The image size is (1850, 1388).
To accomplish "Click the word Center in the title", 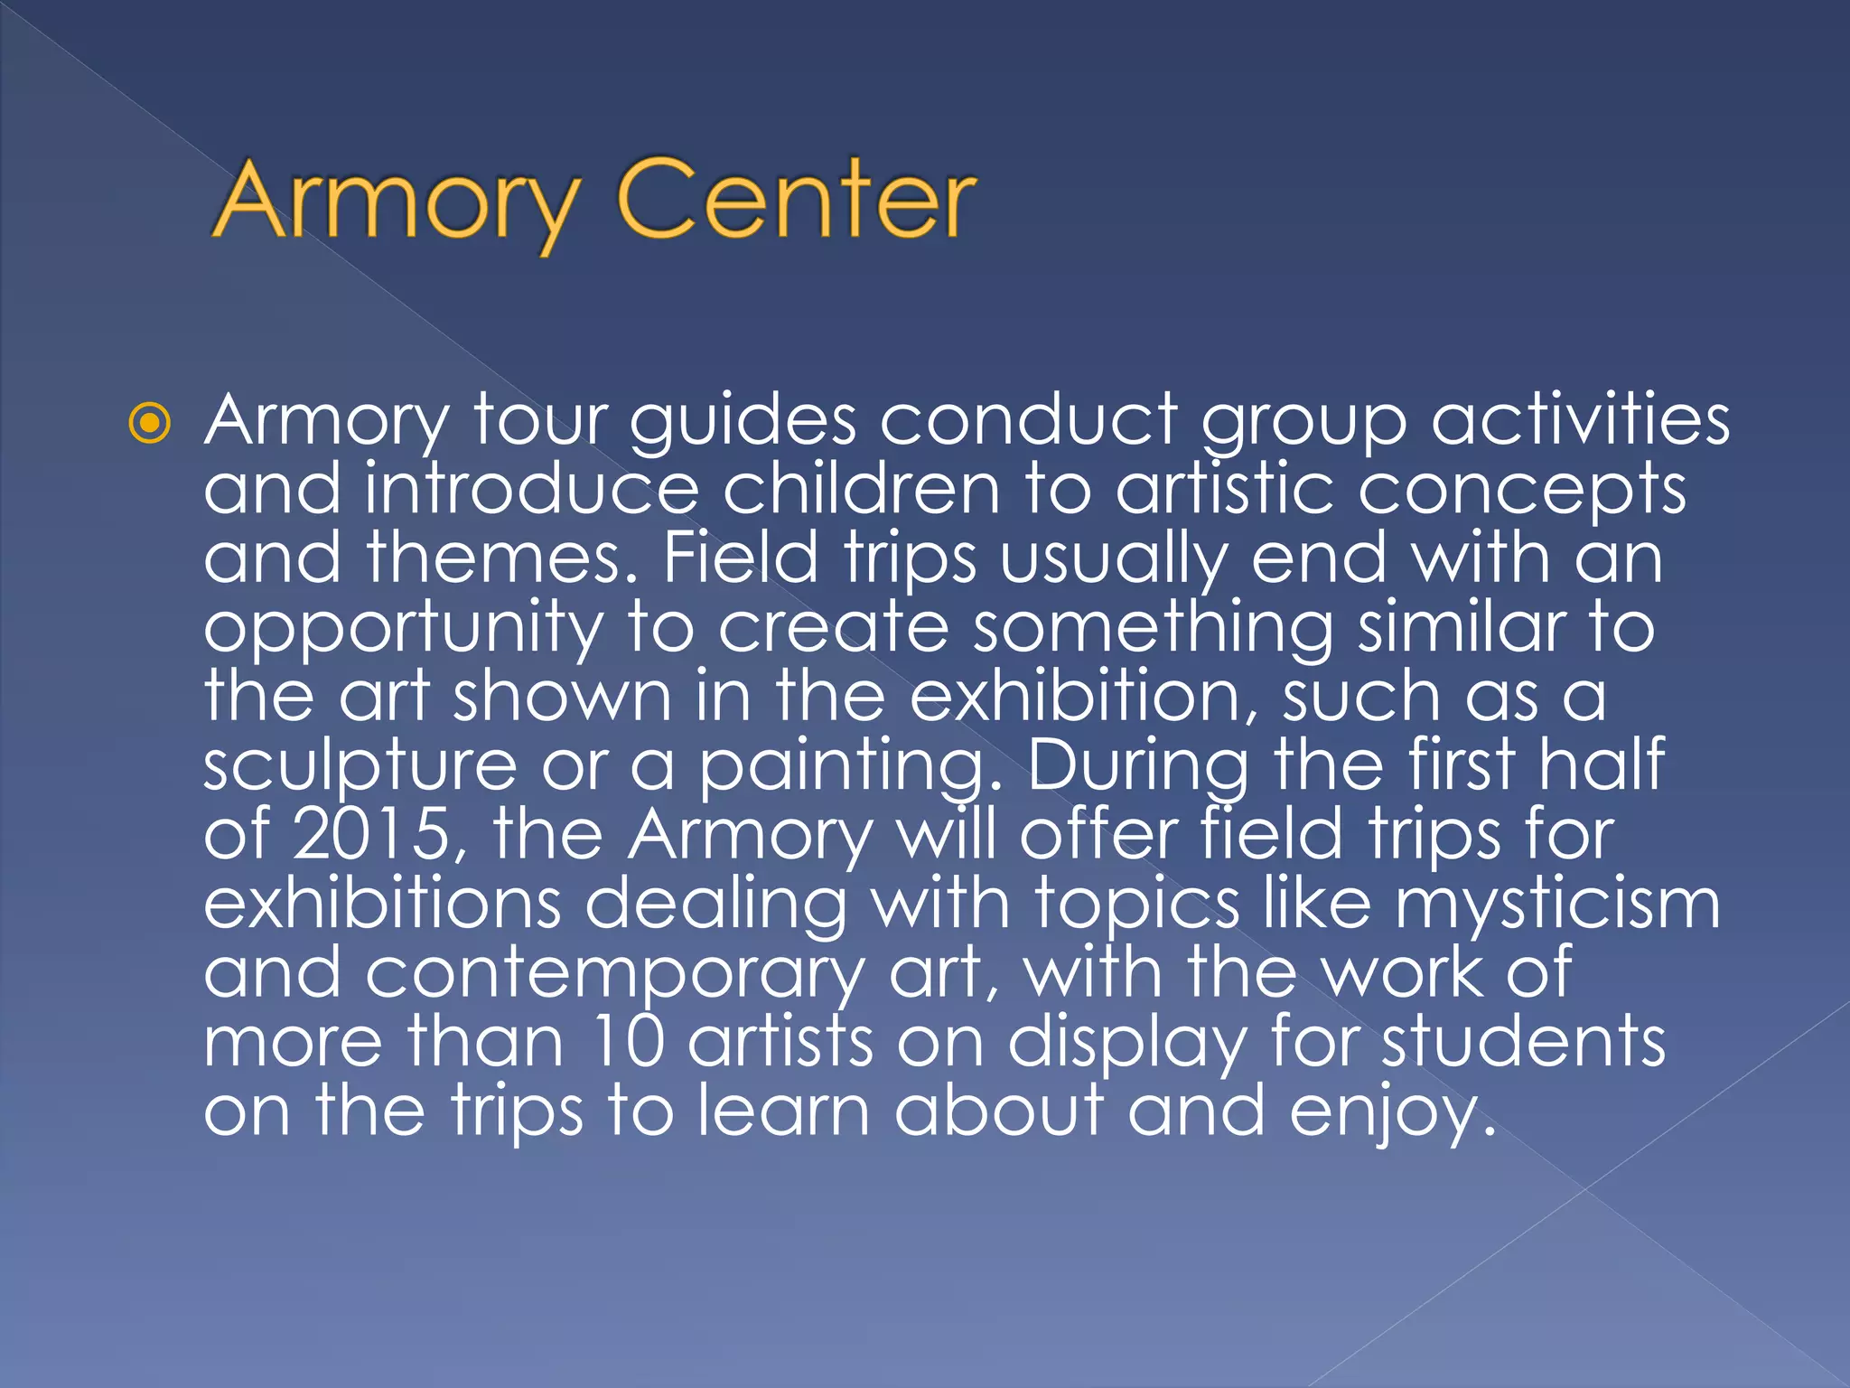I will pyautogui.click(x=795, y=201).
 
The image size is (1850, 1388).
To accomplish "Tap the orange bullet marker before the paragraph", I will pyautogui.click(x=149, y=423).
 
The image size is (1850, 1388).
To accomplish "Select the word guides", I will pyautogui.click(x=743, y=421).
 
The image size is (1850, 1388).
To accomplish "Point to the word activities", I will pyautogui.click(x=1581, y=421).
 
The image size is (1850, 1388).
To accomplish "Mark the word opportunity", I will pyautogui.click(x=403, y=629).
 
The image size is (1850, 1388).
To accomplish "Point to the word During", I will pyautogui.click(x=1138, y=766).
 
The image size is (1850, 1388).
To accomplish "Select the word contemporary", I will pyautogui.click(x=614, y=974).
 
